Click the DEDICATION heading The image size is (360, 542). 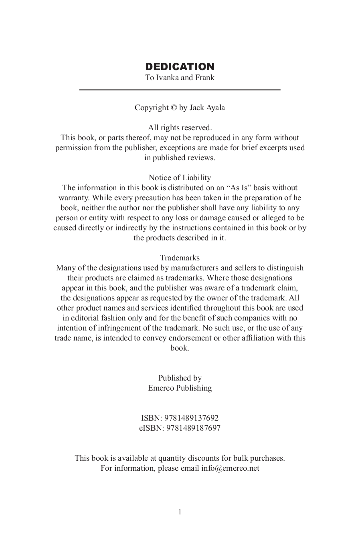click(180, 66)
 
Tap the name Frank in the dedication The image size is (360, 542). click(204, 78)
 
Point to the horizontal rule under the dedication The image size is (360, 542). click(180, 90)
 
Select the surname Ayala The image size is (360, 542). click(215, 108)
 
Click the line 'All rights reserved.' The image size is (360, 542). click(180, 128)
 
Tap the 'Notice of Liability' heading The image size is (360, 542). click(180, 178)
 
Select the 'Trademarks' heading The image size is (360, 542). click(180, 258)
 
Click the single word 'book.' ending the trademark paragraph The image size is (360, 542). click(180, 348)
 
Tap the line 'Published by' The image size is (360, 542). click(180, 378)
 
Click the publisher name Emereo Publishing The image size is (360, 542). click(180, 388)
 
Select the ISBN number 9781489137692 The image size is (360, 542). click(191, 418)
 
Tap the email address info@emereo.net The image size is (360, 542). click(230, 468)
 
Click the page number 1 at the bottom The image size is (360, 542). click(180, 512)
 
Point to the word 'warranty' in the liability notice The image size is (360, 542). click(73, 198)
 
